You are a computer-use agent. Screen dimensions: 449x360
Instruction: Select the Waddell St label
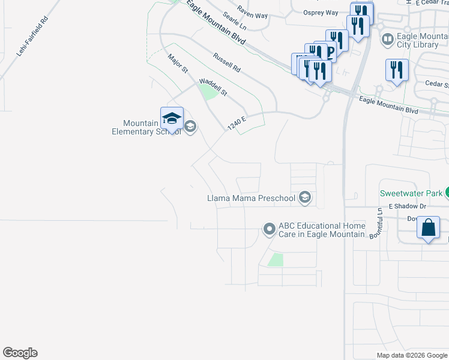pyautogui.click(x=213, y=87)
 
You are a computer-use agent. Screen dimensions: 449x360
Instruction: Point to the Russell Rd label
pyautogui.click(x=226, y=62)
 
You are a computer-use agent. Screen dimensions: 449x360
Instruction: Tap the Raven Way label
pyautogui.click(x=252, y=11)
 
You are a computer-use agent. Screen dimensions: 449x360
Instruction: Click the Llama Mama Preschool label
pyautogui.click(x=252, y=198)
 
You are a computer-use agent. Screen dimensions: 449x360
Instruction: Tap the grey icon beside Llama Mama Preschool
pyautogui.click(x=306, y=198)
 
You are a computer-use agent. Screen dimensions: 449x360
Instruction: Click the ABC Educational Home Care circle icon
pyautogui.click(x=270, y=229)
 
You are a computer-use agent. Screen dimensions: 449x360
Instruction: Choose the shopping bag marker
pyautogui.click(x=428, y=228)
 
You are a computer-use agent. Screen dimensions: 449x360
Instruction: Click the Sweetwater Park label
pyautogui.click(x=411, y=193)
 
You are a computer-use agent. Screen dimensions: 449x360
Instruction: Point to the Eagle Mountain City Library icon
pyautogui.click(x=388, y=40)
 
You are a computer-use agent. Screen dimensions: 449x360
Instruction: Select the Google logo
pyautogui.click(x=20, y=353)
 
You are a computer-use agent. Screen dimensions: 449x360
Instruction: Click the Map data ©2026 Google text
pyautogui.click(x=412, y=355)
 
